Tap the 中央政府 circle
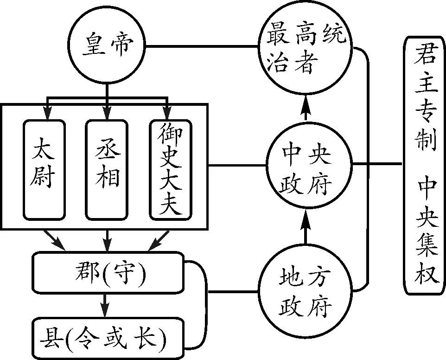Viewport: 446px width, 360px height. pos(306,165)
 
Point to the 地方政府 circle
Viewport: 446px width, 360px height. pos(306,292)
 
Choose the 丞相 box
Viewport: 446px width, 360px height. pos(107,169)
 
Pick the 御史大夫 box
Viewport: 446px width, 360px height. pos(170,169)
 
